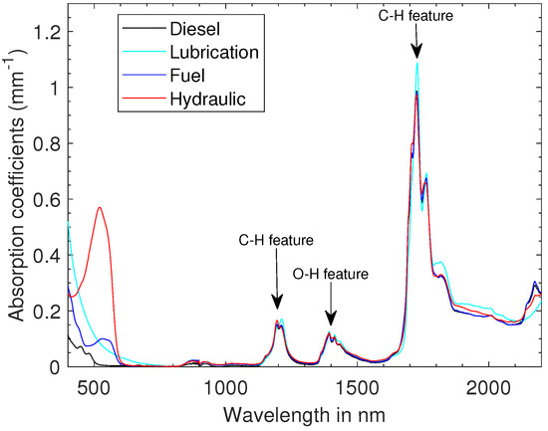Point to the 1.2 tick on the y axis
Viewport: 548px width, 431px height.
46,33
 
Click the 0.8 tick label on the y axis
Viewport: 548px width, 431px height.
46,144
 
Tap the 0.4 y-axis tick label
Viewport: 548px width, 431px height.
46,256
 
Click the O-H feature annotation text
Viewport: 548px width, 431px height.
330,273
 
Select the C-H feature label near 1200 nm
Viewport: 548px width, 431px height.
276,240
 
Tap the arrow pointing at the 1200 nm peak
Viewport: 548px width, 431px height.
277,289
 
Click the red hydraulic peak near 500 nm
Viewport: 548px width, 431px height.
100,207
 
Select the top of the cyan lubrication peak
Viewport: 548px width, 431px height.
416,63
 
